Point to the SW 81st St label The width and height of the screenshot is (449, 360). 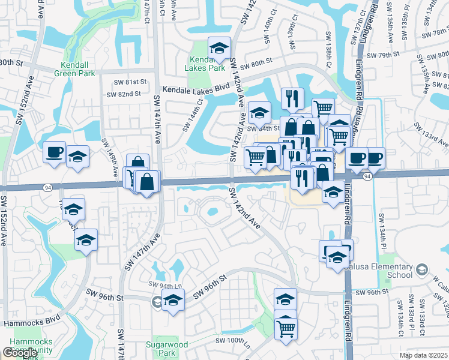point(131,82)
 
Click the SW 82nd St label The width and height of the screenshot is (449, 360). point(124,94)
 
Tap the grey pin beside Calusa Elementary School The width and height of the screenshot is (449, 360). point(423,270)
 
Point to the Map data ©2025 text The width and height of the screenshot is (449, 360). point(424,355)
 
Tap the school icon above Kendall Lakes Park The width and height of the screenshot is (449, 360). point(220,47)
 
